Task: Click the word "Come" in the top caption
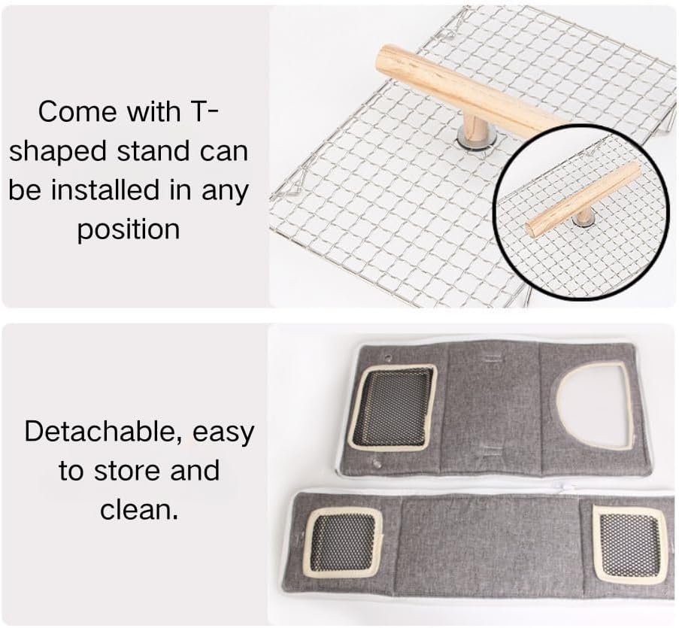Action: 78,111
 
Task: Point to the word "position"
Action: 129,230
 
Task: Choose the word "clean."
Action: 139,510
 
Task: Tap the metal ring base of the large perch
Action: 475,141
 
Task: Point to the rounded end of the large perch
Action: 386,56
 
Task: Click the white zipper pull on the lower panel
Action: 563,487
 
